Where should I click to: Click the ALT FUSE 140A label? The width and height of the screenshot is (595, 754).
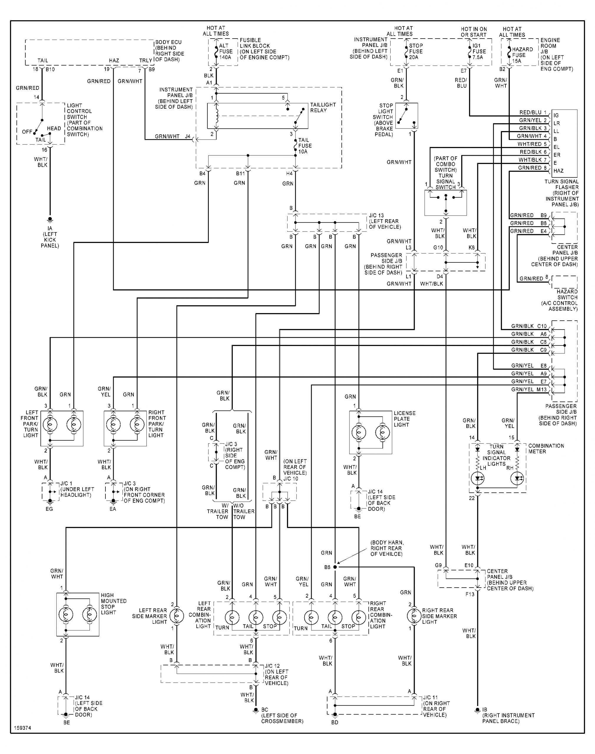coord(225,52)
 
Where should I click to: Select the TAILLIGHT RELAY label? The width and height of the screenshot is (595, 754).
coord(323,107)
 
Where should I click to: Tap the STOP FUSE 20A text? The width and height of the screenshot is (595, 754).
coord(415,52)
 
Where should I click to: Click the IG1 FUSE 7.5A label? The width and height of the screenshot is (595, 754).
coord(479,52)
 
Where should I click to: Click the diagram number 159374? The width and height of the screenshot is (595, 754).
coord(23,728)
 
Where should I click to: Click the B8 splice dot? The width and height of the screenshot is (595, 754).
coord(335,567)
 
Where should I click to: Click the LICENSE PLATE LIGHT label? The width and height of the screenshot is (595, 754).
coord(404,419)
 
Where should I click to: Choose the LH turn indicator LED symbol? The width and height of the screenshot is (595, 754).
coord(477,479)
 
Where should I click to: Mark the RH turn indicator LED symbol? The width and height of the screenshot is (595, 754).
coord(517,479)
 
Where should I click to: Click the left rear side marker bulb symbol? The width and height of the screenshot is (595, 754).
coord(177,616)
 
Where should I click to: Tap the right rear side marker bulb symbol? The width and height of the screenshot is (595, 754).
coord(414,616)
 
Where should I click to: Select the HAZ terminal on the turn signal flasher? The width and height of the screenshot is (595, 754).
coord(558,171)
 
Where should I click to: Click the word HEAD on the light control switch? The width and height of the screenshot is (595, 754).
coord(54,128)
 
